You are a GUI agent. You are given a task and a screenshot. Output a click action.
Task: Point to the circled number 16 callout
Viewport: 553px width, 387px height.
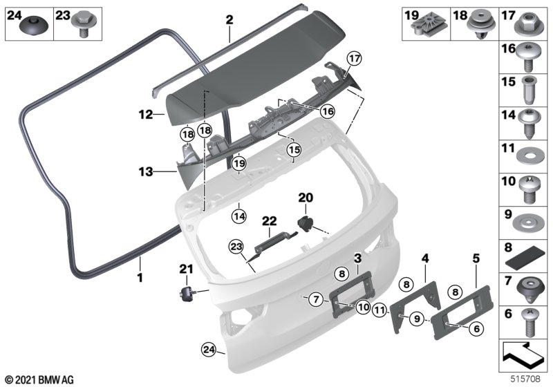pyautogui.click(x=327, y=111)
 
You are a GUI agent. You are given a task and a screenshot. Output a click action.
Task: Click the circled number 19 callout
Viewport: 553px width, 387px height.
pyautogui.click(x=239, y=164)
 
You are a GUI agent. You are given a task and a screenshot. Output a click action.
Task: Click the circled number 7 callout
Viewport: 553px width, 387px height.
pyautogui.click(x=315, y=299)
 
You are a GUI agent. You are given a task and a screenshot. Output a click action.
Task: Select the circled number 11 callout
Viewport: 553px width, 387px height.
pyautogui.click(x=379, y=311)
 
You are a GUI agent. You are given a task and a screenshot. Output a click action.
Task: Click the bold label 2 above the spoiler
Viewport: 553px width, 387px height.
pyautogui.click(x=229, y=20)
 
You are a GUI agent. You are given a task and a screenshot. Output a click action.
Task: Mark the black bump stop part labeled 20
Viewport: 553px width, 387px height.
pyautogui.click(x=306, y=222)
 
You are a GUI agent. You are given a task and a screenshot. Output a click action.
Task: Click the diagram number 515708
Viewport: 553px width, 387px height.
pyautogui.click(x=527, y=379)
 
